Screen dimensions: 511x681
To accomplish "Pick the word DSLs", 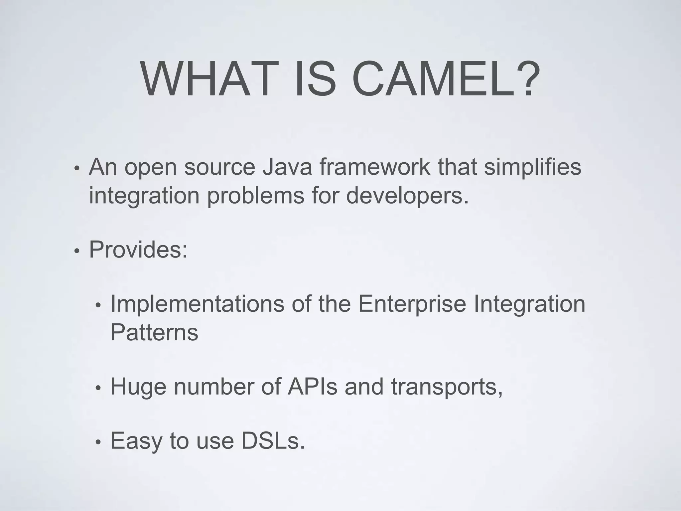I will [x=273, y=441].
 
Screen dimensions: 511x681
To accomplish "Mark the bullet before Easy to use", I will [x=98, y=442].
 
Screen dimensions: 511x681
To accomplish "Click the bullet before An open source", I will [x=77, y=169].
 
